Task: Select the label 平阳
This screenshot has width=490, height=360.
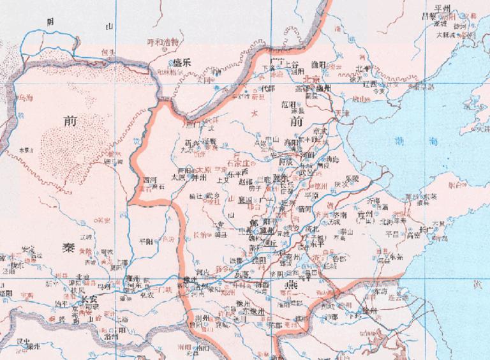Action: (146, 241)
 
